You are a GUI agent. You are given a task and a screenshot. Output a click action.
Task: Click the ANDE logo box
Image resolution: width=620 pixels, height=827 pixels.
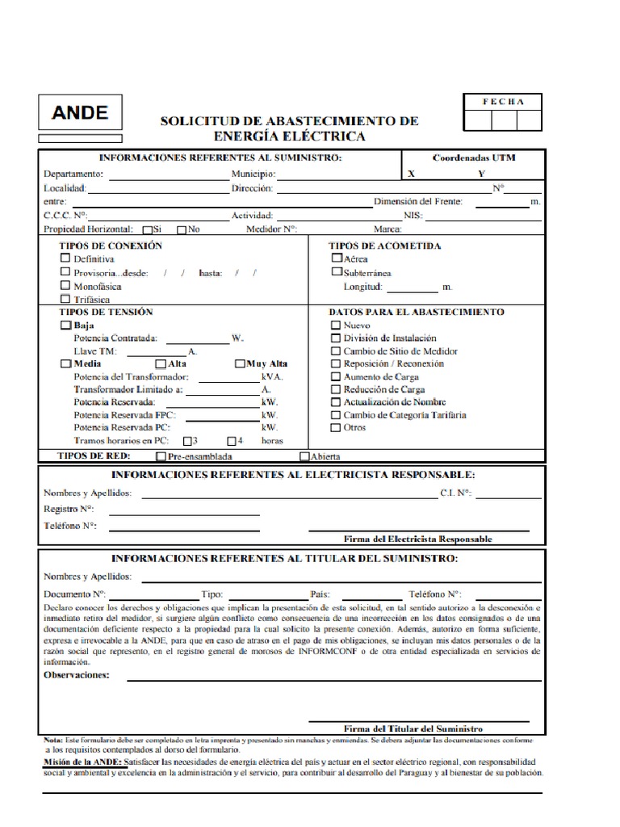coord(80,112)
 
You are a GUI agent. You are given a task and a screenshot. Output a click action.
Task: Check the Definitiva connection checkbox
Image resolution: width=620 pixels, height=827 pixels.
coord(65,258)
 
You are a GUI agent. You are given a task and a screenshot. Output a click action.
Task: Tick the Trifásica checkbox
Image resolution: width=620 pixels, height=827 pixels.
coord(65,299)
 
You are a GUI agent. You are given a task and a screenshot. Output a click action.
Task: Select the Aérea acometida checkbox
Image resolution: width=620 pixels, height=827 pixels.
coord(337,258)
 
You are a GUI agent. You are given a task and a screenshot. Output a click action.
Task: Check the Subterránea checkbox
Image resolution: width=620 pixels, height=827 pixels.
coord(337,272)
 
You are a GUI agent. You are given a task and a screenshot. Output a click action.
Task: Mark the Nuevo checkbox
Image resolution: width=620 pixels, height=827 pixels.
coord(336,325)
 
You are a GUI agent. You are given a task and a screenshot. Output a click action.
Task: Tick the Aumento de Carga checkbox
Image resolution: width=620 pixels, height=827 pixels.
coord(336,377)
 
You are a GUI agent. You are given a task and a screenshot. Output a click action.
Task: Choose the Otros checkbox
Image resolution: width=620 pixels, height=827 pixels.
coord(336,427)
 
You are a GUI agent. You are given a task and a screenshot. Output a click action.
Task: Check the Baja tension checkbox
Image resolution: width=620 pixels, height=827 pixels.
coord(65,325)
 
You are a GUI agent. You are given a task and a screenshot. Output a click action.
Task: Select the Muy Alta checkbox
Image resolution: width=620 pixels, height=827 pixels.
coord(240,363)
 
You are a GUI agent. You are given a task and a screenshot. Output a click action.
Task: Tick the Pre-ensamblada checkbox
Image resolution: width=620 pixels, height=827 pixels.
coord(161,456)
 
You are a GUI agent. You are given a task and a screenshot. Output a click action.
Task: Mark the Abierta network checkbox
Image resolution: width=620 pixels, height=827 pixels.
coord(304,456)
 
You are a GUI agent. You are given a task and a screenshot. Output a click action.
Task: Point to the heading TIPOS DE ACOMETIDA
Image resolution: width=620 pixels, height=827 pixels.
coord(384,246)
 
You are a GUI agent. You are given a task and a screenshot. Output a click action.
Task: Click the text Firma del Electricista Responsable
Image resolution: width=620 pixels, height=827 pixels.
coord(417,539)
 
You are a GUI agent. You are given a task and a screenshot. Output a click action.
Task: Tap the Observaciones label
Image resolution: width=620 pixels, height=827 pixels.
coord(77,674)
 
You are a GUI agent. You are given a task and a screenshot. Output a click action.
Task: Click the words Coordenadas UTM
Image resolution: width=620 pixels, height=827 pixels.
coord(474,157)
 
